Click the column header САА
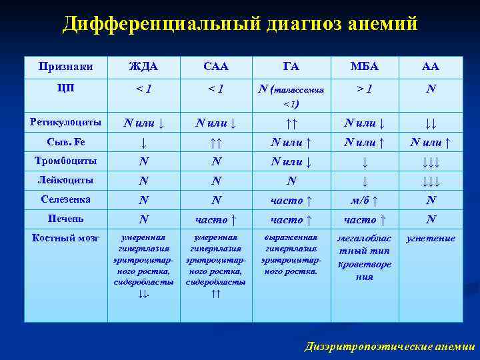click(x=215, y=66)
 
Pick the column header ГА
click(x=291, y=66)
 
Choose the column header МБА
click(x=363, y=66)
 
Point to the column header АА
click(x=431, y=66)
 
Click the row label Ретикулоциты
click(x=65, y=122)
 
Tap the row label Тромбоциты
click(x=65, y=161)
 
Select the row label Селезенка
click(x=65, y=199)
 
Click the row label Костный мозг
click(x=65, y=238)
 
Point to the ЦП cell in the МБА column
click(x=363, y=88)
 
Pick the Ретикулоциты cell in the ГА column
click(x=291, y=123)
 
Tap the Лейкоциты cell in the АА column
click(x=431, y=181)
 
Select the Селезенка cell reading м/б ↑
click(x=363, y=201)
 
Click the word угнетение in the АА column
click(x=431, y=238)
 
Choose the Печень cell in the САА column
click(x=215, y=220)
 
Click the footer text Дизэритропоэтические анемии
click(x=389, y=346)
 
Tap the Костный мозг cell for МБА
click(x=363, y=257)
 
